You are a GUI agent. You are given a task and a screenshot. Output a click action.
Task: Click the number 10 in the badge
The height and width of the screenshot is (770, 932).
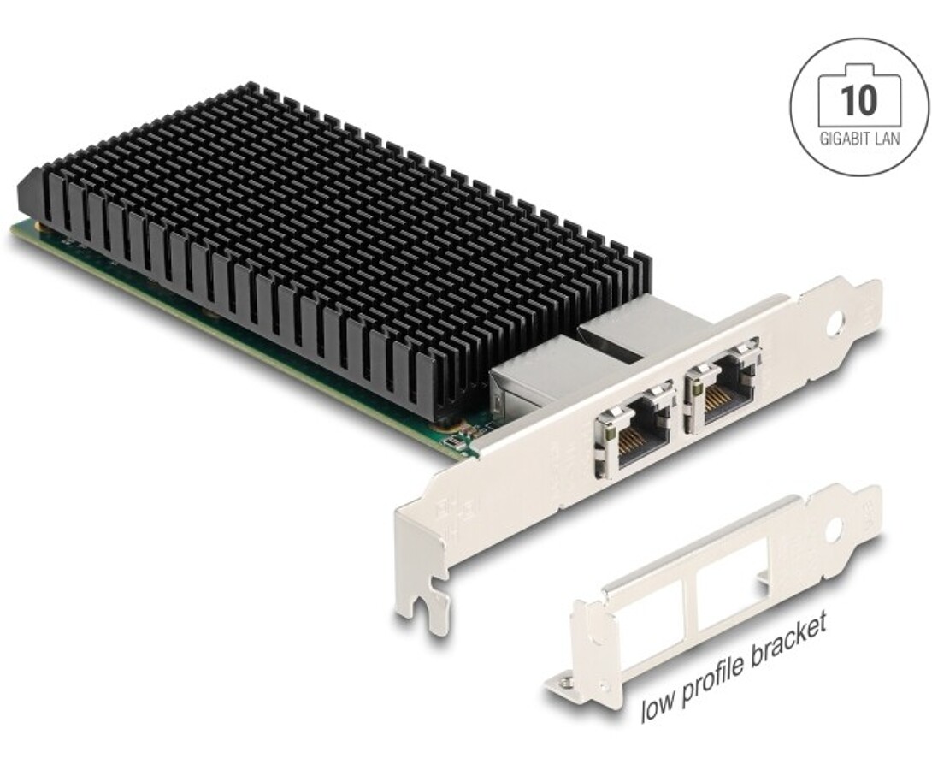859,100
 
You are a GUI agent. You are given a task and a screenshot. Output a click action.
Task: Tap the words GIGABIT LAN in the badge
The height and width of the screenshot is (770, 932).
859,139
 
